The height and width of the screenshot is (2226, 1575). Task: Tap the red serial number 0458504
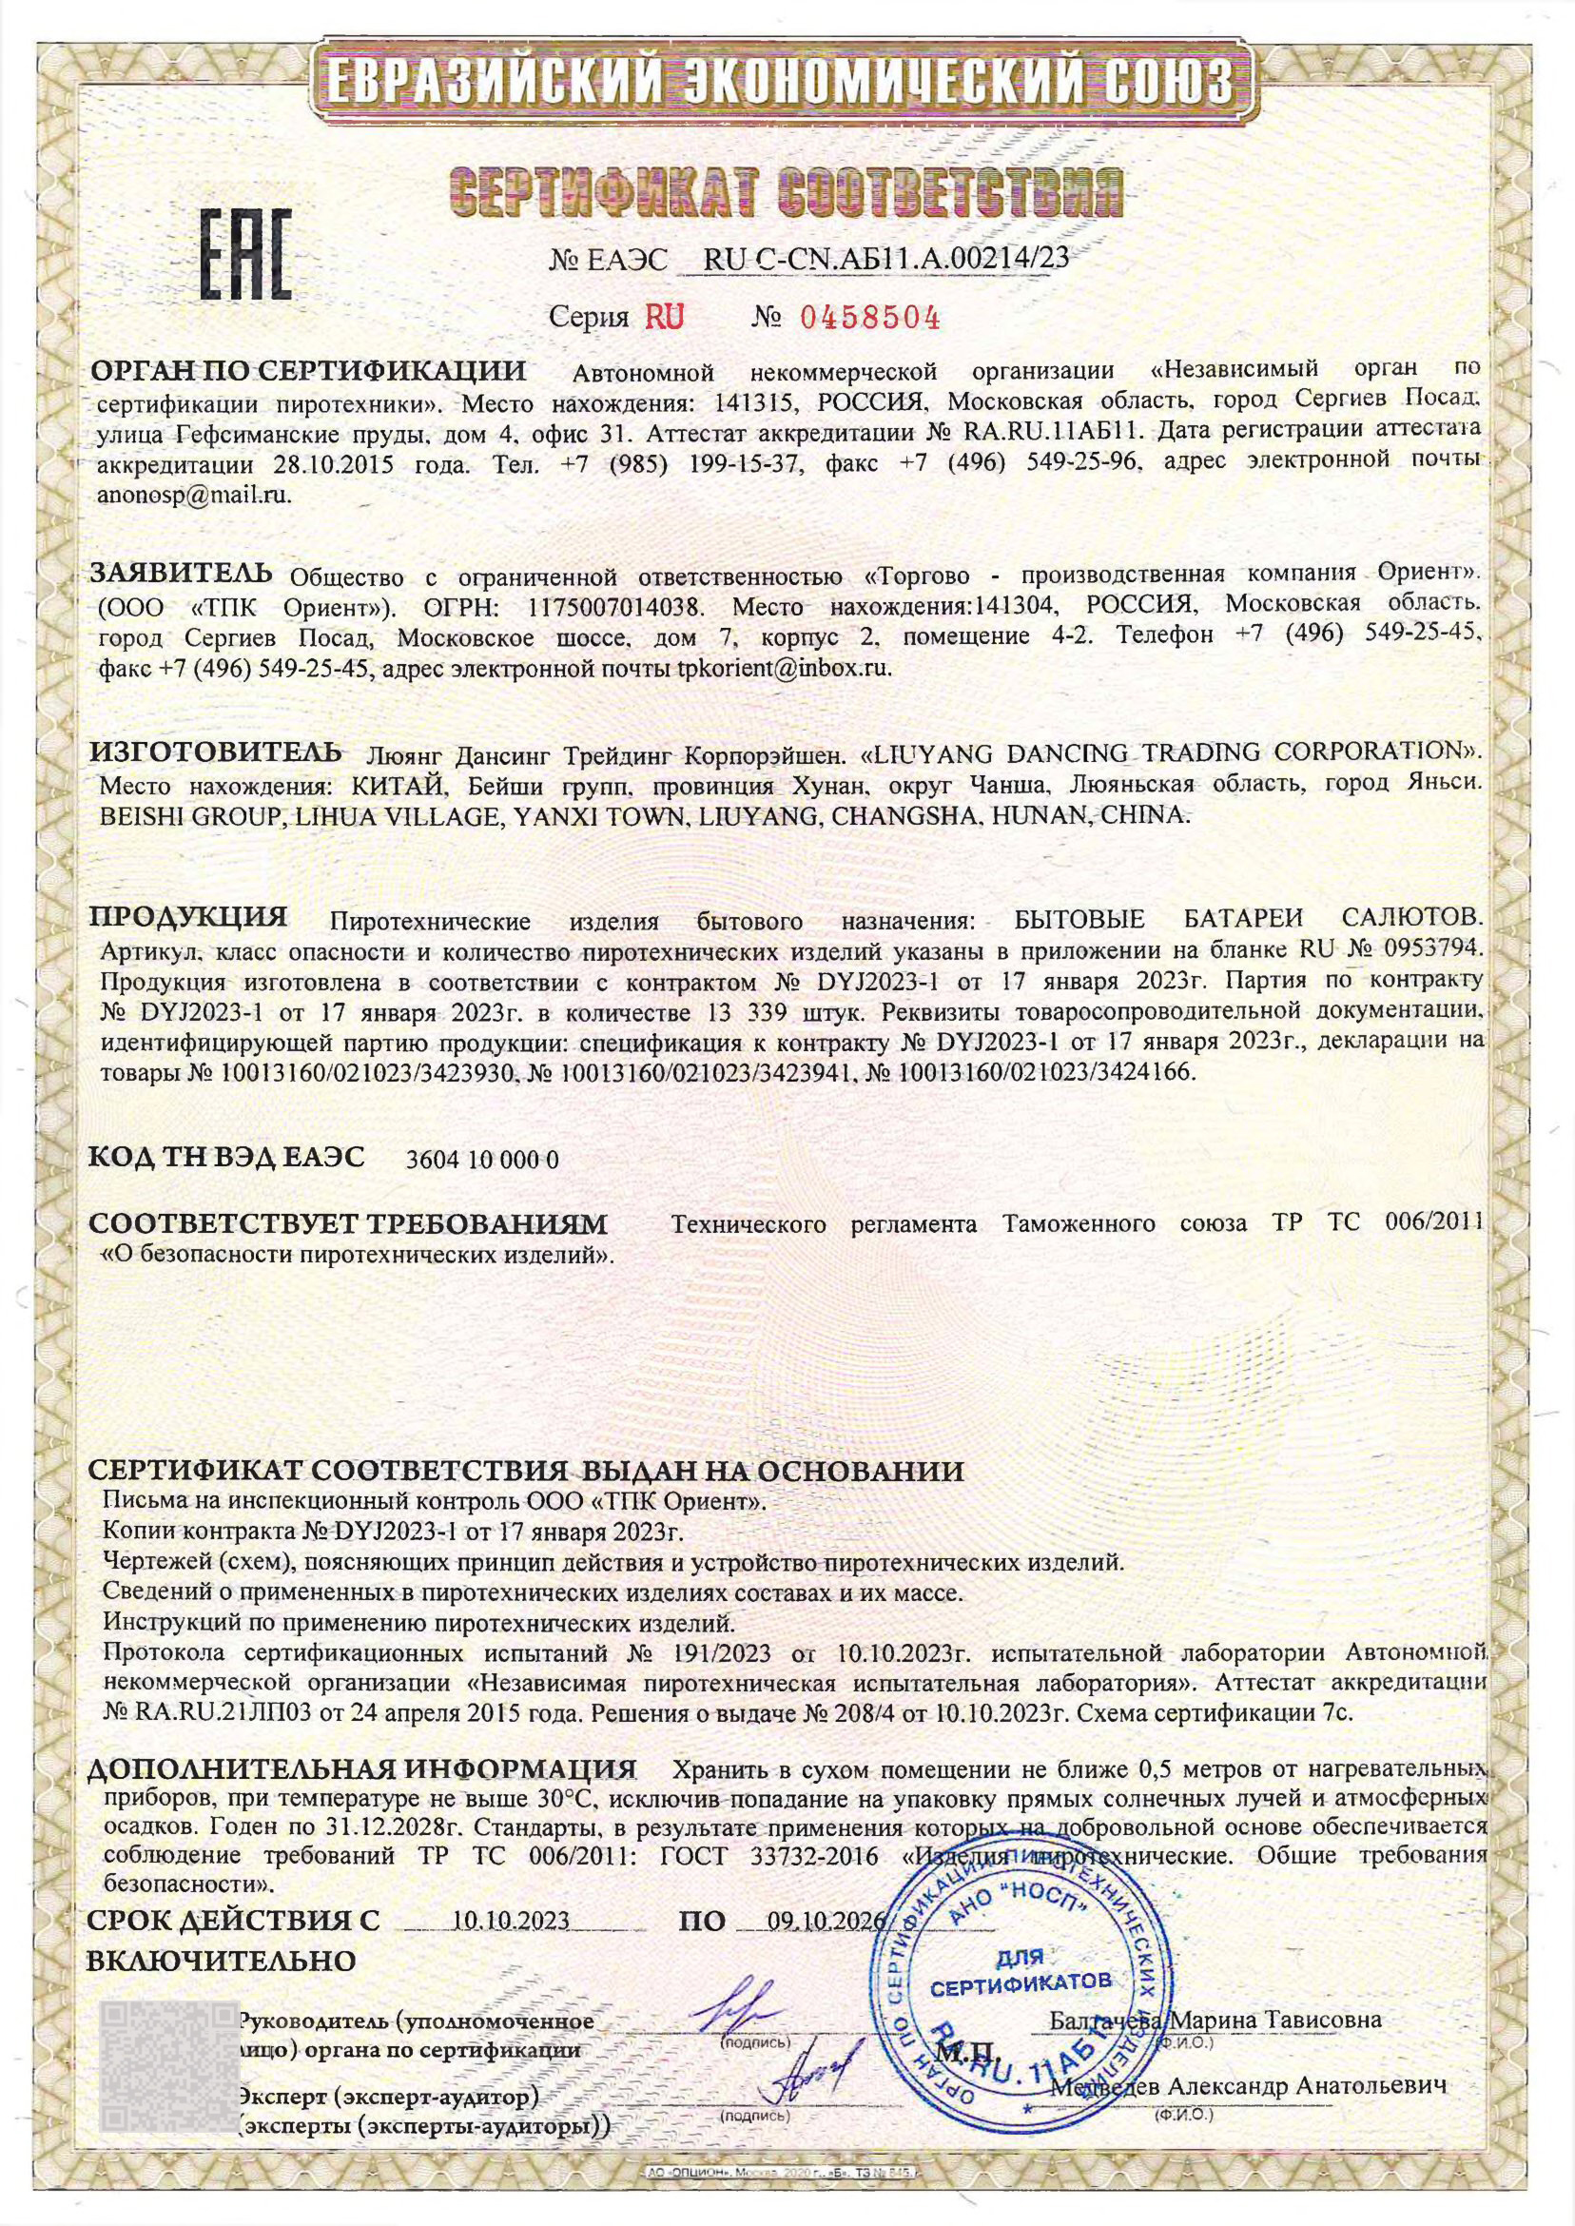click(x=869, y=317)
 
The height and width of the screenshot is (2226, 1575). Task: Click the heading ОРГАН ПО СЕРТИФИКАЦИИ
click(x=308, y=372)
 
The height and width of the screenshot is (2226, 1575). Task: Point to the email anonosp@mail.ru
click(x=194, y=494)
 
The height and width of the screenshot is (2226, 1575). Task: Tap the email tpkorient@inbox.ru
click(x=783, y=669)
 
